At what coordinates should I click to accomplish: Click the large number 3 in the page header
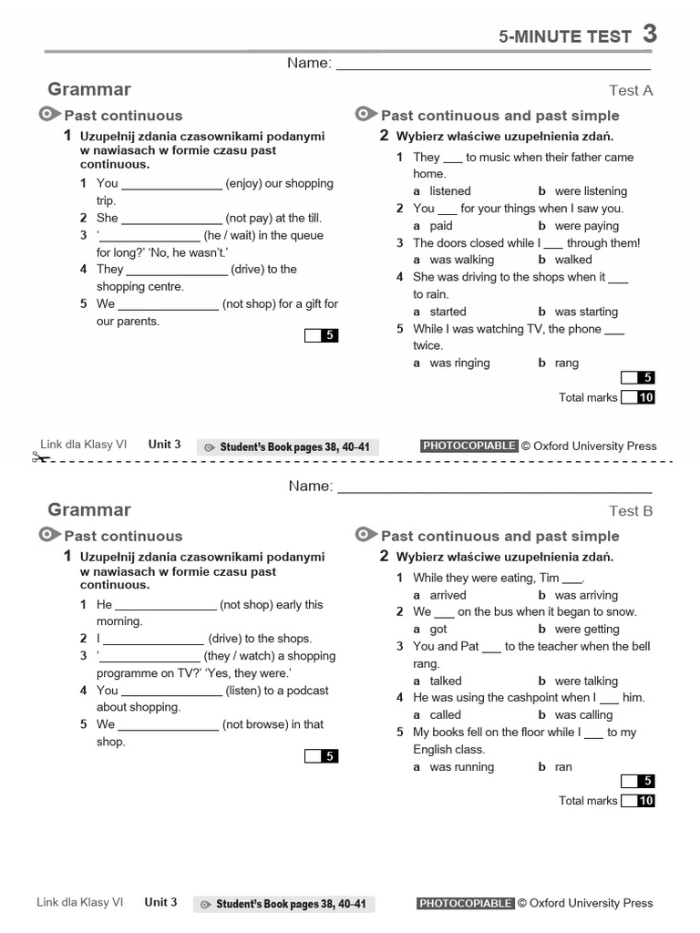pos(649,34)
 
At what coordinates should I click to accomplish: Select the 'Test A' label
pos(631,90)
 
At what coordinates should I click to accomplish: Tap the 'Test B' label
pos(631,511)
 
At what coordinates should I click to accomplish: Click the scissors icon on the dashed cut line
pos(40,457)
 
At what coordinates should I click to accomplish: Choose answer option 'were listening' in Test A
pos(590,191)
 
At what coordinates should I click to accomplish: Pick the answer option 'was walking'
pos(461,260)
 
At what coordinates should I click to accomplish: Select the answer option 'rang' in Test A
pos(566,363)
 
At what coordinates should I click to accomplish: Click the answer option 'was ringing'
pos(459,363)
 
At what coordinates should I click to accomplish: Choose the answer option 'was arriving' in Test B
pos(585,595)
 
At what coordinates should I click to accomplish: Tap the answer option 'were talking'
pos(585,681)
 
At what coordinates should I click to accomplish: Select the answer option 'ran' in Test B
pos(563,767)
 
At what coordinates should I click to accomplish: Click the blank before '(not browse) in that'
pos(168,726)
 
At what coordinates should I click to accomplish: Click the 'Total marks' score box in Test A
pos(637,397)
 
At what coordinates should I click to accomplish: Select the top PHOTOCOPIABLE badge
pos(468,446)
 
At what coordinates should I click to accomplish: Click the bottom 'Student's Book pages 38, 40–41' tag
pos(283,904)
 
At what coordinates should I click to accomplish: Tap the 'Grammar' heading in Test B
pos(88,510)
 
